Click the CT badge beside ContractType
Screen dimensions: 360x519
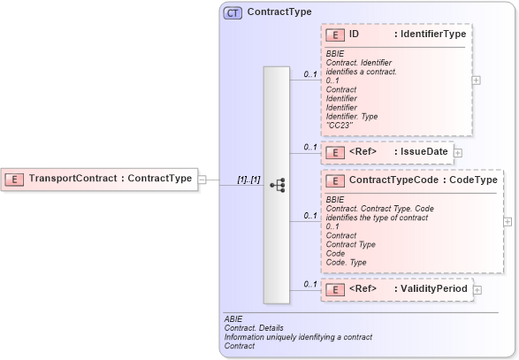coord(233,12)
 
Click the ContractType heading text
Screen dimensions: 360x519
coord(279,12)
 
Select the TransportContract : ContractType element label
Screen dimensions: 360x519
coord(110,179)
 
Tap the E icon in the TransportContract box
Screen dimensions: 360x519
coord(15,179)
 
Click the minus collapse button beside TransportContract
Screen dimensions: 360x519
coord(202,179)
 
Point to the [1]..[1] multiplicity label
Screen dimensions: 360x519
coord(248,180)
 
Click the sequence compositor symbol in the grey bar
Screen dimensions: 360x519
coord(277,185)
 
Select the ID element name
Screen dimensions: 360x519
coord(354,34)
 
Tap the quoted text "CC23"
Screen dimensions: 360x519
coord(339,125)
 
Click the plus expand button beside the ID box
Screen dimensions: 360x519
coord(477,80)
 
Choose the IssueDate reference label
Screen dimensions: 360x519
coord(421,152)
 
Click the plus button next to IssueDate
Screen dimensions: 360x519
coord(458,152)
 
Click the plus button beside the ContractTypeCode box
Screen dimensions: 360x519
coord(508,221)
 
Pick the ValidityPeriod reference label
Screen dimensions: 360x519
coord(431,288)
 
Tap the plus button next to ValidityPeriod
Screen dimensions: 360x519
coord(477,289)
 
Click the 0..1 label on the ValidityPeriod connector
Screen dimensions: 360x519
coord(309,284)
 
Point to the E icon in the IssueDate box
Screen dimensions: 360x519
coord(335,152)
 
